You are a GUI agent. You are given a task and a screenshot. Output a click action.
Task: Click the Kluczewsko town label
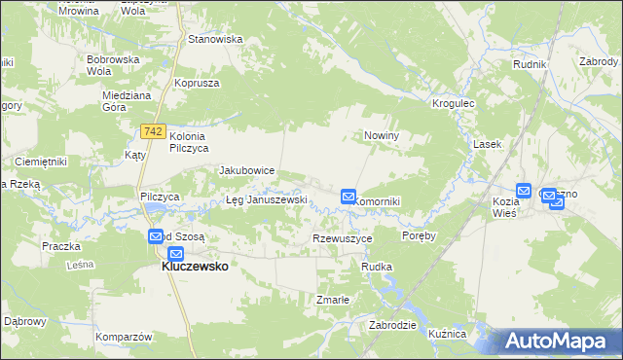click(195, 266)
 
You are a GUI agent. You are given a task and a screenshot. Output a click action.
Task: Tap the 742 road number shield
click(153, 130)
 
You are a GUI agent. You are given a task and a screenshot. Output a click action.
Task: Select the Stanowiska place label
click(215, 40)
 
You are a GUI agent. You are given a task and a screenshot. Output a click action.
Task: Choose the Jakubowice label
click(247, 170)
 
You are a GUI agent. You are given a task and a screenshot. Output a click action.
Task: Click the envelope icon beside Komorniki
click(348, 198)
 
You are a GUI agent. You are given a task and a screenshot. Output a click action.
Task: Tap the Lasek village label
click(487, 144)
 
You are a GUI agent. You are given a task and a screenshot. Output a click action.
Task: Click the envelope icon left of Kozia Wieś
click(524, 192)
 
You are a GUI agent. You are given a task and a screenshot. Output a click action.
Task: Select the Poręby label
click(419, 235)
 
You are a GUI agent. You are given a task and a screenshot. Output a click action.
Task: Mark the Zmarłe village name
click(332, 300)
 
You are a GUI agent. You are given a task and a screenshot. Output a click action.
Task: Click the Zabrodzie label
click(393, 325)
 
